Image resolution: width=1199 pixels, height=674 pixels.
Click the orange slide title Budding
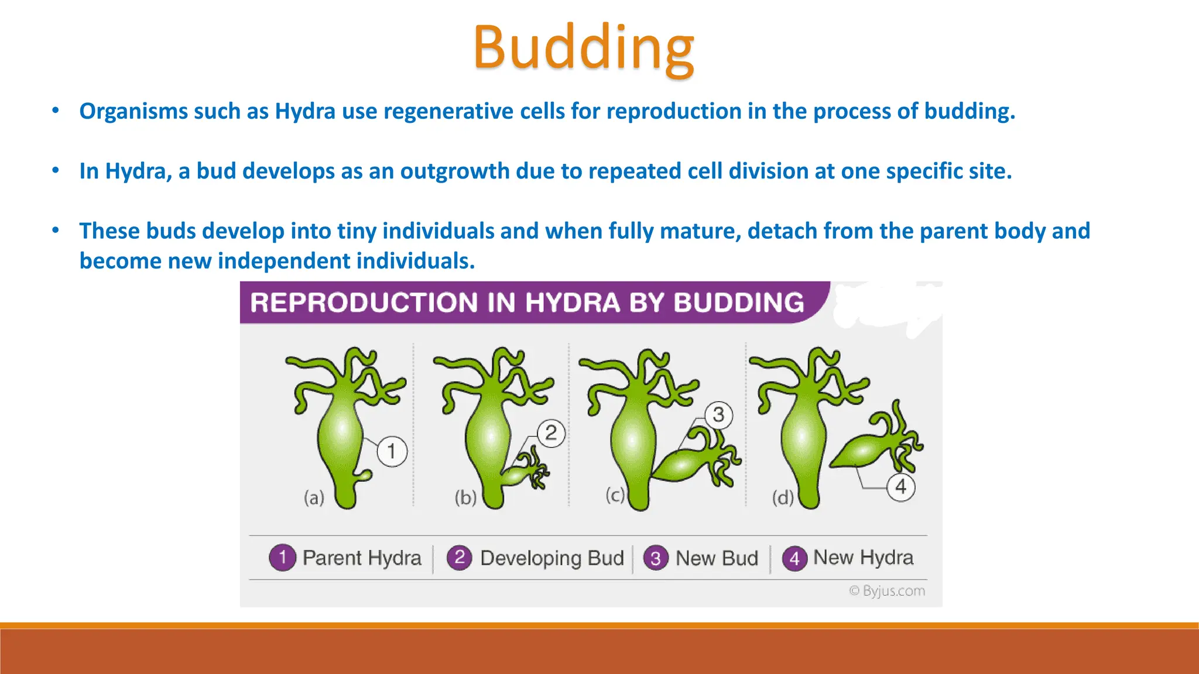[584, 48]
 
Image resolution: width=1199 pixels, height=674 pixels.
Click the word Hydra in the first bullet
[305, 111]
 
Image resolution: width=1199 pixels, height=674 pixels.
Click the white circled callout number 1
[392, 451]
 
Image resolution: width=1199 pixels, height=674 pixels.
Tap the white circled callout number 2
[551, 433]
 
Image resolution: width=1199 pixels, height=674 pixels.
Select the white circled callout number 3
[718, 415]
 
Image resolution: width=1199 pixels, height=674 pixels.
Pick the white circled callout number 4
[900, 486]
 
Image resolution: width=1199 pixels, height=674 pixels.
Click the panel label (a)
[314, 498]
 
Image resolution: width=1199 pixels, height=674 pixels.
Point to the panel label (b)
[465, 498]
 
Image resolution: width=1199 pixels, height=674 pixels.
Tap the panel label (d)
[783, 498]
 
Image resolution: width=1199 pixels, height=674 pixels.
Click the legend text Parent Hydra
[362, 558]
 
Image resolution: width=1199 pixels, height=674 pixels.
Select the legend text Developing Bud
[551, 558]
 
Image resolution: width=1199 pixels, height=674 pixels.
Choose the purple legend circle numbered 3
[656, 558]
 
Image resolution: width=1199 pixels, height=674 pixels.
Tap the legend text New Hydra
[863, 558]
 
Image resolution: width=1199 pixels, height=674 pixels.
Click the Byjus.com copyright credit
[887, 591]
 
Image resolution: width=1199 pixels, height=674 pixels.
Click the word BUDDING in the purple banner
[739, 302]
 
